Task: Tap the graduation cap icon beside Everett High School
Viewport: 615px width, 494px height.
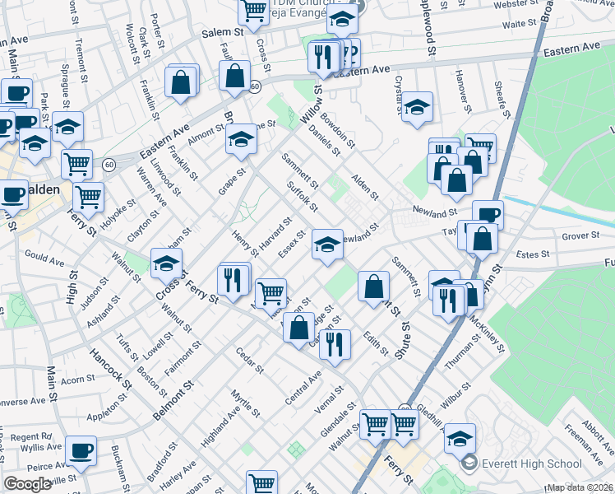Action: coord(460,438)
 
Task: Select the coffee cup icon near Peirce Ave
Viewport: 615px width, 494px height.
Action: coord(81,450)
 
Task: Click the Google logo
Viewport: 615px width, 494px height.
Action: coord(28,484)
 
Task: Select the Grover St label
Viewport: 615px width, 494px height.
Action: coord(580,237)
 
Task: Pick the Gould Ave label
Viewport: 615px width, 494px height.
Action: coord(45,260)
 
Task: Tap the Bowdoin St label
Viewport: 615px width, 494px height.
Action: coord(338,130)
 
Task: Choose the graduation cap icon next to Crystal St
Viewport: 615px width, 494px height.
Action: coord(418,108)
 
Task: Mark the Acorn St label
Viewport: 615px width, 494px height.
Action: coord(78,380)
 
